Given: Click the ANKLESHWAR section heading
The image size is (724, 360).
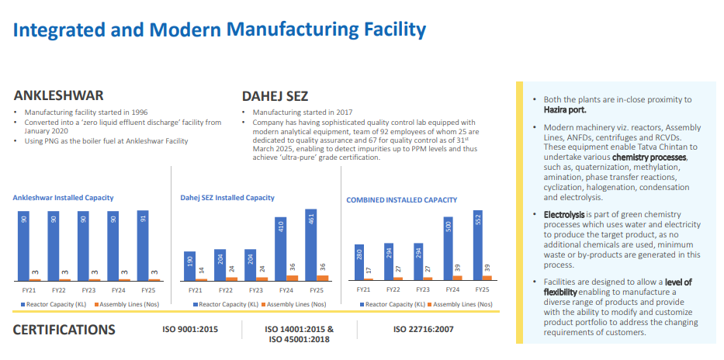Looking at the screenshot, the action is (59, 95).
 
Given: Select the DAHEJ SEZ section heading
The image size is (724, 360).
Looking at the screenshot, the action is (275, 96).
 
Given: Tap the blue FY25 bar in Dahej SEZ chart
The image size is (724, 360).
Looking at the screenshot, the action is (310, 244).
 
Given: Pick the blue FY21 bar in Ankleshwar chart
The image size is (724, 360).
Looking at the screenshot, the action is (24, 246).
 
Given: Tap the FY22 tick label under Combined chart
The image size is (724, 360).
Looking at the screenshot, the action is (393, 290).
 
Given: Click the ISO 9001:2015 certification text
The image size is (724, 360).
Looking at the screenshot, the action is (190, 330).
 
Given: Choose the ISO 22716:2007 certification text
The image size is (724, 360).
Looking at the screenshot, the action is (424, 330).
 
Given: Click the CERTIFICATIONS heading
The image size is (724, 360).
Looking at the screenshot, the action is (64, 330).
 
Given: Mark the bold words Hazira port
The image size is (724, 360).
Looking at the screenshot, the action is (565, 110).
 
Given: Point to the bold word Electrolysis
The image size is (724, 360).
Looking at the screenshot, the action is (564, 215).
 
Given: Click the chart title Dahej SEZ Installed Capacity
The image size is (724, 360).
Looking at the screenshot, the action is (227, 198).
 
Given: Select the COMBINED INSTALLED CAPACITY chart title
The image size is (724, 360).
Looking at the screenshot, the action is (402, 200).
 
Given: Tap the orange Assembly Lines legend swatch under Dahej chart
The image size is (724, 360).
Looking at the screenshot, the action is (264, 305).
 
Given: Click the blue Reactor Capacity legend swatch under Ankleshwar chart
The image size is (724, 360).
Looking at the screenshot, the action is (23, 305).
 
